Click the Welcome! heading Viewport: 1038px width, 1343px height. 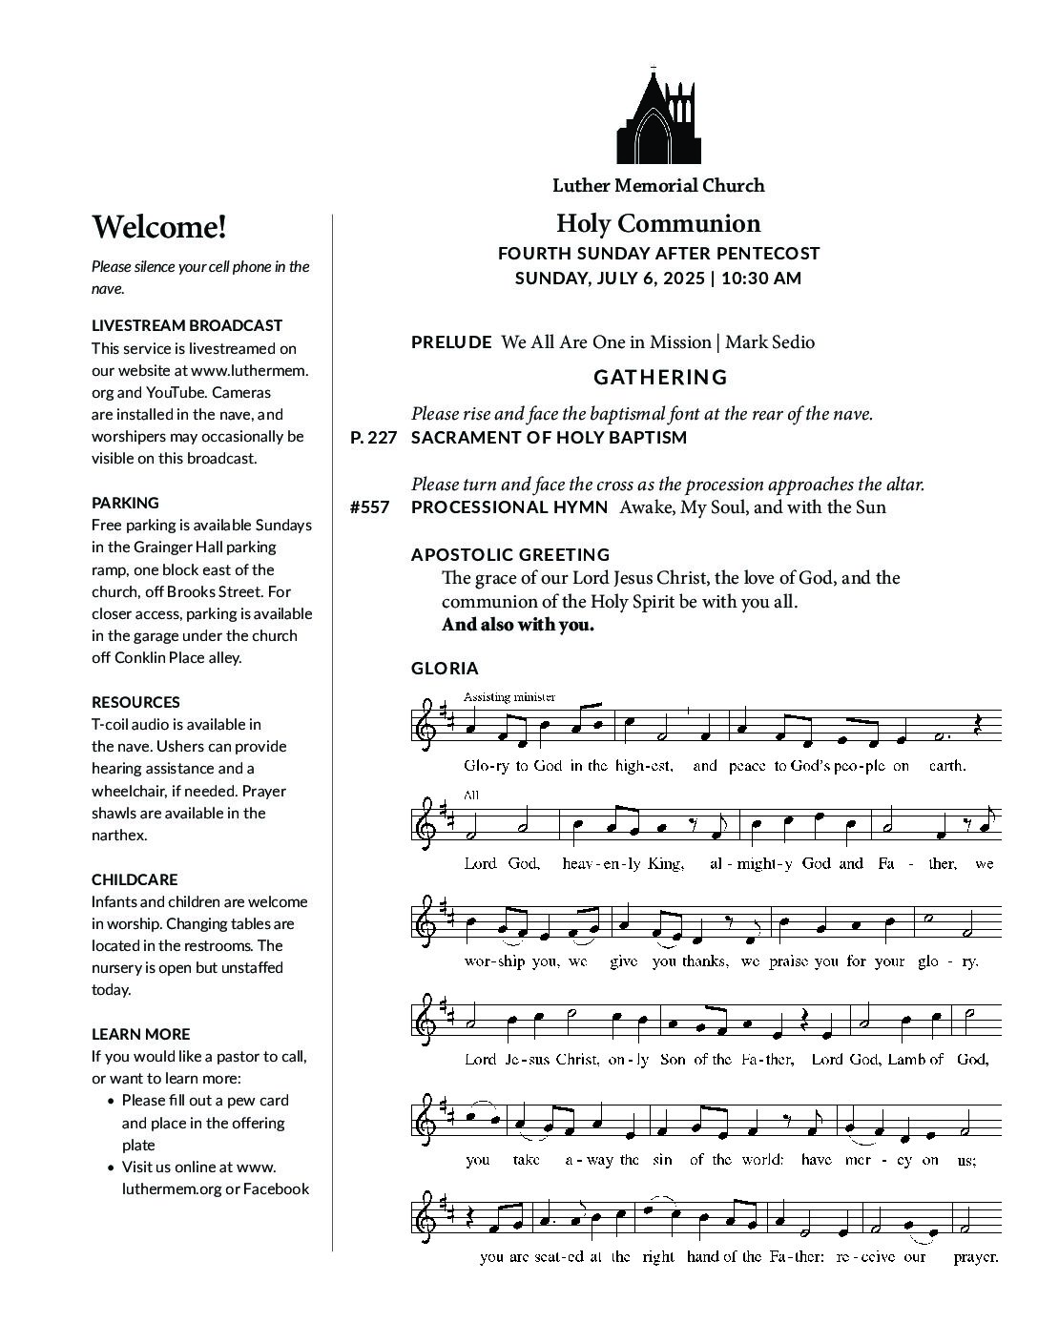point(159,228)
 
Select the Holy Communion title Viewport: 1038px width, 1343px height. point(658,223)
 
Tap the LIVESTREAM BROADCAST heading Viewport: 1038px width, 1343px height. point(187,325)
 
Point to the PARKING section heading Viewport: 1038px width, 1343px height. point(125,503)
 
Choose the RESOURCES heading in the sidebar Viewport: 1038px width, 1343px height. point(135,702)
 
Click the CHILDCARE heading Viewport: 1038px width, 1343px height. point(135,879)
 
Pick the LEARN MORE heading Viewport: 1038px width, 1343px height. point(140,1034)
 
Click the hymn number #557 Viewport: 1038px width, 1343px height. point(369,507)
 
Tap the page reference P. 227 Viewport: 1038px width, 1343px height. point(372,438)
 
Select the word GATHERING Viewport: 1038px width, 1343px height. point(660,378)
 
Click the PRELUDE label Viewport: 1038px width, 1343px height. point(451,342)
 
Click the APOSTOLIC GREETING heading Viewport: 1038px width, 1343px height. point(510,554)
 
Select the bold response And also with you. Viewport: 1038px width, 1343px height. point(517,625)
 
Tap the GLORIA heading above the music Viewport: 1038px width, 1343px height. point(445,669)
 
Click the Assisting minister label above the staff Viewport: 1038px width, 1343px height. point(509,696)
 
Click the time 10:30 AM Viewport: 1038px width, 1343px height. point(761,279)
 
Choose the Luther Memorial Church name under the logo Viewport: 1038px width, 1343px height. point(658,186)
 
